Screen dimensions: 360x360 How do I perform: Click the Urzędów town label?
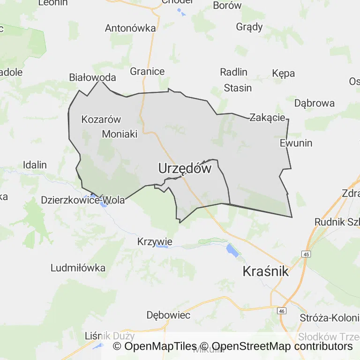(x=185, y=168)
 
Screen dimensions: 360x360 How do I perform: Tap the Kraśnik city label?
(x=265, y=271)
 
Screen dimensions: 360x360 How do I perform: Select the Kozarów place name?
(x=101, y=119)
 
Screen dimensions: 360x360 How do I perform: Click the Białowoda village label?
(x=92, y=77)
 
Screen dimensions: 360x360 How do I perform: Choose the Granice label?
(x=147, y=71)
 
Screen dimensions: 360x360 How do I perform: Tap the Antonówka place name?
(x=130, y=28)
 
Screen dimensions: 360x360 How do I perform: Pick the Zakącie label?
(x=267, y=117)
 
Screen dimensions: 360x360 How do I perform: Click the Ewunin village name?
(x=296, y=143)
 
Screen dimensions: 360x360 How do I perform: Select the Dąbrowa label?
(x=314, y=103)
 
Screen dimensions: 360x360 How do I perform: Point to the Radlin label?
(x=233, y=72)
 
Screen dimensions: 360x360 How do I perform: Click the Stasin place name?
(x=238, y=88)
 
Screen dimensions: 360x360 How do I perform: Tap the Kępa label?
(x=283, y=73)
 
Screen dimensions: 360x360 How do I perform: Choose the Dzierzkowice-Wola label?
(x=83, y=200)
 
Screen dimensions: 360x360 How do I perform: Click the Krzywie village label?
(x=155, y=242)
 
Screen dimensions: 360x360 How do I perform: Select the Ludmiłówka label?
(x=78, y=268)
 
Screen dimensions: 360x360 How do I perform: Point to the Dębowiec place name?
(x=168, y=315)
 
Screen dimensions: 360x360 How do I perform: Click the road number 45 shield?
(x=306, y=254)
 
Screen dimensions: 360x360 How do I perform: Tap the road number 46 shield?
(x=281, y=311)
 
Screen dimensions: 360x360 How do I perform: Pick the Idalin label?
(x=35, y=165)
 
